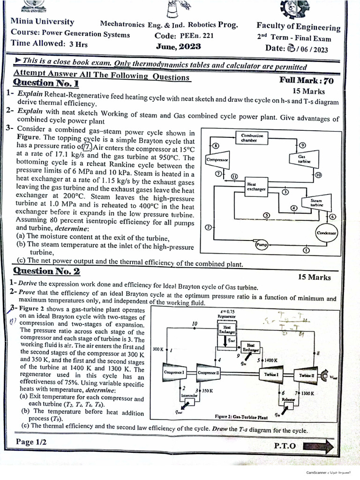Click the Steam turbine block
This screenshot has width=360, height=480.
click(317, 202)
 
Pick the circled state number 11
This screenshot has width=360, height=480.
click(234, 176)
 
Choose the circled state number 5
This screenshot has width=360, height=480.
click(266, 215)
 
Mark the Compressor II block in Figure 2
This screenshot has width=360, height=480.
click(210, 373)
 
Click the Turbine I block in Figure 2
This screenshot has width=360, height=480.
click(272, 375)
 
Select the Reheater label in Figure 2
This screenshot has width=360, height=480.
click(289, 399)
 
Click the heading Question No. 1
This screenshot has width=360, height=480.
click(46, 83)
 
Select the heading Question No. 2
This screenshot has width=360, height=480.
click(47, 271)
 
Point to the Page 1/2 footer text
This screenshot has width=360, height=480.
click(32, 442)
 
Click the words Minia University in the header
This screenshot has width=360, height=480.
click(42, 22)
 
